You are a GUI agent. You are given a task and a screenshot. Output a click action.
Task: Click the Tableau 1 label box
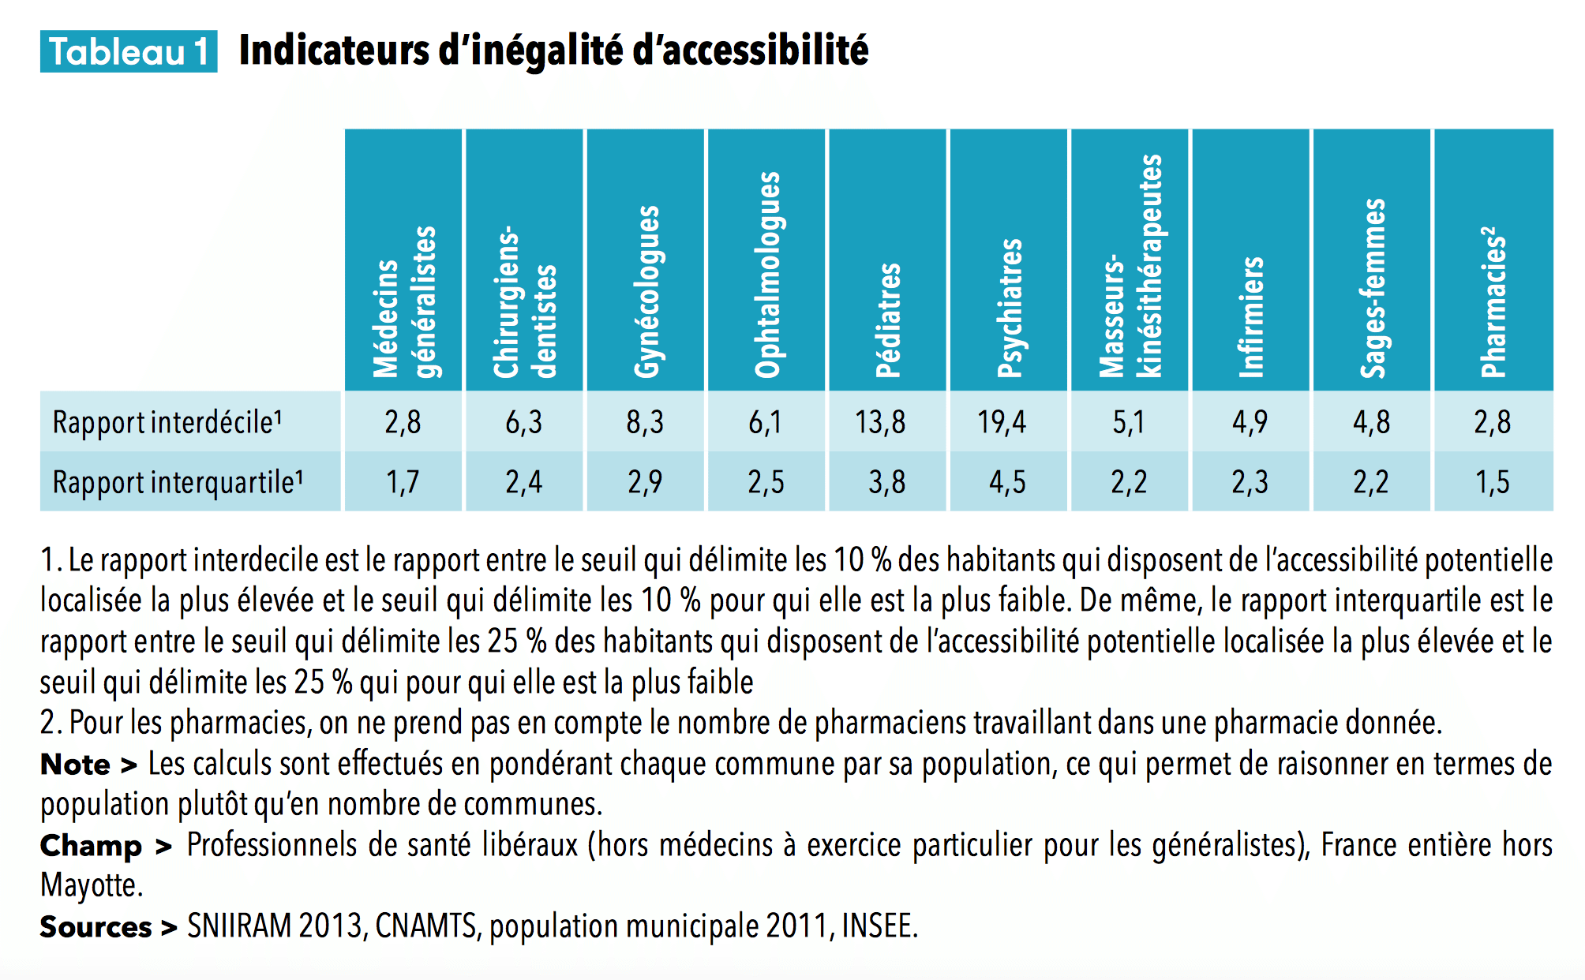click(x=129, y=52)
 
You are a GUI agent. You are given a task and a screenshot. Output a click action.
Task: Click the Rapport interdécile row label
click(x=167, y=422)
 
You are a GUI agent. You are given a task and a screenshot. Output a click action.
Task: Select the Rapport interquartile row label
click(x=177, y=482)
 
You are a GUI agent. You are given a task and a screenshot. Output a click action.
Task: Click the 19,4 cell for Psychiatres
click(x=1002, y=422)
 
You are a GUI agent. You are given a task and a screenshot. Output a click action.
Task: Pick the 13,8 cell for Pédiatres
click(x=880, y=422)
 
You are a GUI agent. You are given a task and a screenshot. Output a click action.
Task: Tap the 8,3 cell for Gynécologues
click(x=645, y=422)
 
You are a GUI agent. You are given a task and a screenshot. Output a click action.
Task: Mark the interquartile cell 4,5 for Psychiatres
click(x=1007, y=482)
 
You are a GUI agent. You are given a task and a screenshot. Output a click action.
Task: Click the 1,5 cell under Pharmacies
click(x=1492, y=482)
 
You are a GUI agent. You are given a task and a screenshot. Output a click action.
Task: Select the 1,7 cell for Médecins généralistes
click(x=403, y=482)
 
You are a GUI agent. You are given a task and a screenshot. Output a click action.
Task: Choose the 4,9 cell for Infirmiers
click(x=1250, y=422)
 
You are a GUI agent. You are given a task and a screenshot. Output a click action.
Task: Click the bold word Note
click(x=76, y=765)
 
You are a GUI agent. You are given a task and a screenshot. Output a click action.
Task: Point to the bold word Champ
click(x=91, y=846)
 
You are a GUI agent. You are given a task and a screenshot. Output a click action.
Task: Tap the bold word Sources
click(x=96, y=927)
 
